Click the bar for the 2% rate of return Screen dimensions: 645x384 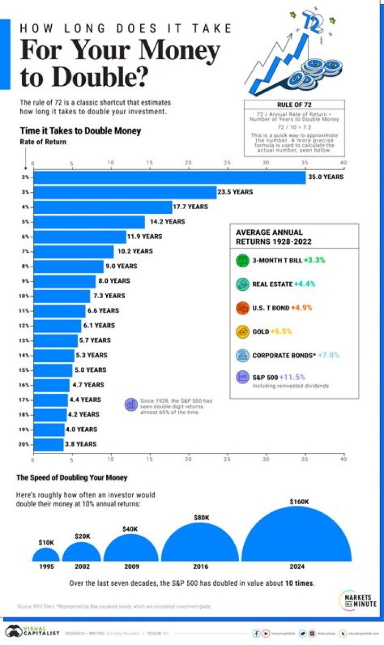pos(169,177)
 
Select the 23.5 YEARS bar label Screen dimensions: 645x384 pos(235,192)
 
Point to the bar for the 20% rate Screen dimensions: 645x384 pos(48,444)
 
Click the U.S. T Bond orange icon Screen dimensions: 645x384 pos(243,308)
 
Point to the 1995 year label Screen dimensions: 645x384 pos(46,567)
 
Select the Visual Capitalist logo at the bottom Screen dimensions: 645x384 pos(27,632)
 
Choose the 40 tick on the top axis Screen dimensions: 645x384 pos(343,162)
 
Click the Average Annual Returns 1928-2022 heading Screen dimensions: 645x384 pos(269,237)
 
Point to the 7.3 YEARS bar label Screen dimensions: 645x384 pos(109,296)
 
